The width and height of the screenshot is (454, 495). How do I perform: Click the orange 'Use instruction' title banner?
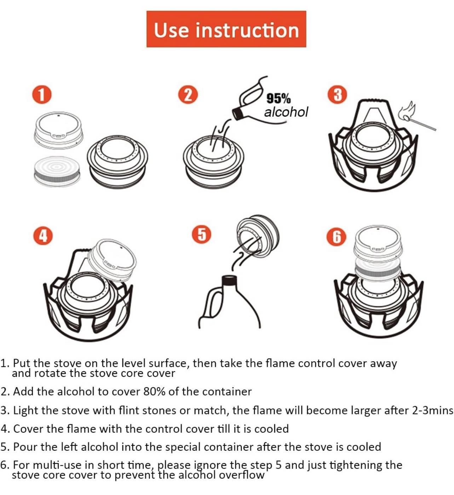click(226, 29)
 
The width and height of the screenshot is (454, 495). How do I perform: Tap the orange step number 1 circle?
click(42, 95)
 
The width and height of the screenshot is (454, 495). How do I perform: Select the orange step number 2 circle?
click(188, 95)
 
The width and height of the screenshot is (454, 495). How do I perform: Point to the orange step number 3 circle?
click(337, 95)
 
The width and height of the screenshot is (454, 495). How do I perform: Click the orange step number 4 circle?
click(43, 236)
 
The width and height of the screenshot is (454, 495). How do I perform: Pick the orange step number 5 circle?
click(202, 234)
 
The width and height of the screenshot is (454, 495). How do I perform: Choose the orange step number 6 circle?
click(336, 237)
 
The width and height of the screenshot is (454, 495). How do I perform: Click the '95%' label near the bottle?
click(278, 99)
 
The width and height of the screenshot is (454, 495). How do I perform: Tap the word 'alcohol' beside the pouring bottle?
click(286, 112)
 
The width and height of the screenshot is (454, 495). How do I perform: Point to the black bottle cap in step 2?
click(238, 114)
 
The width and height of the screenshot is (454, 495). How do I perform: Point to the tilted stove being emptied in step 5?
click(258, 236)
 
